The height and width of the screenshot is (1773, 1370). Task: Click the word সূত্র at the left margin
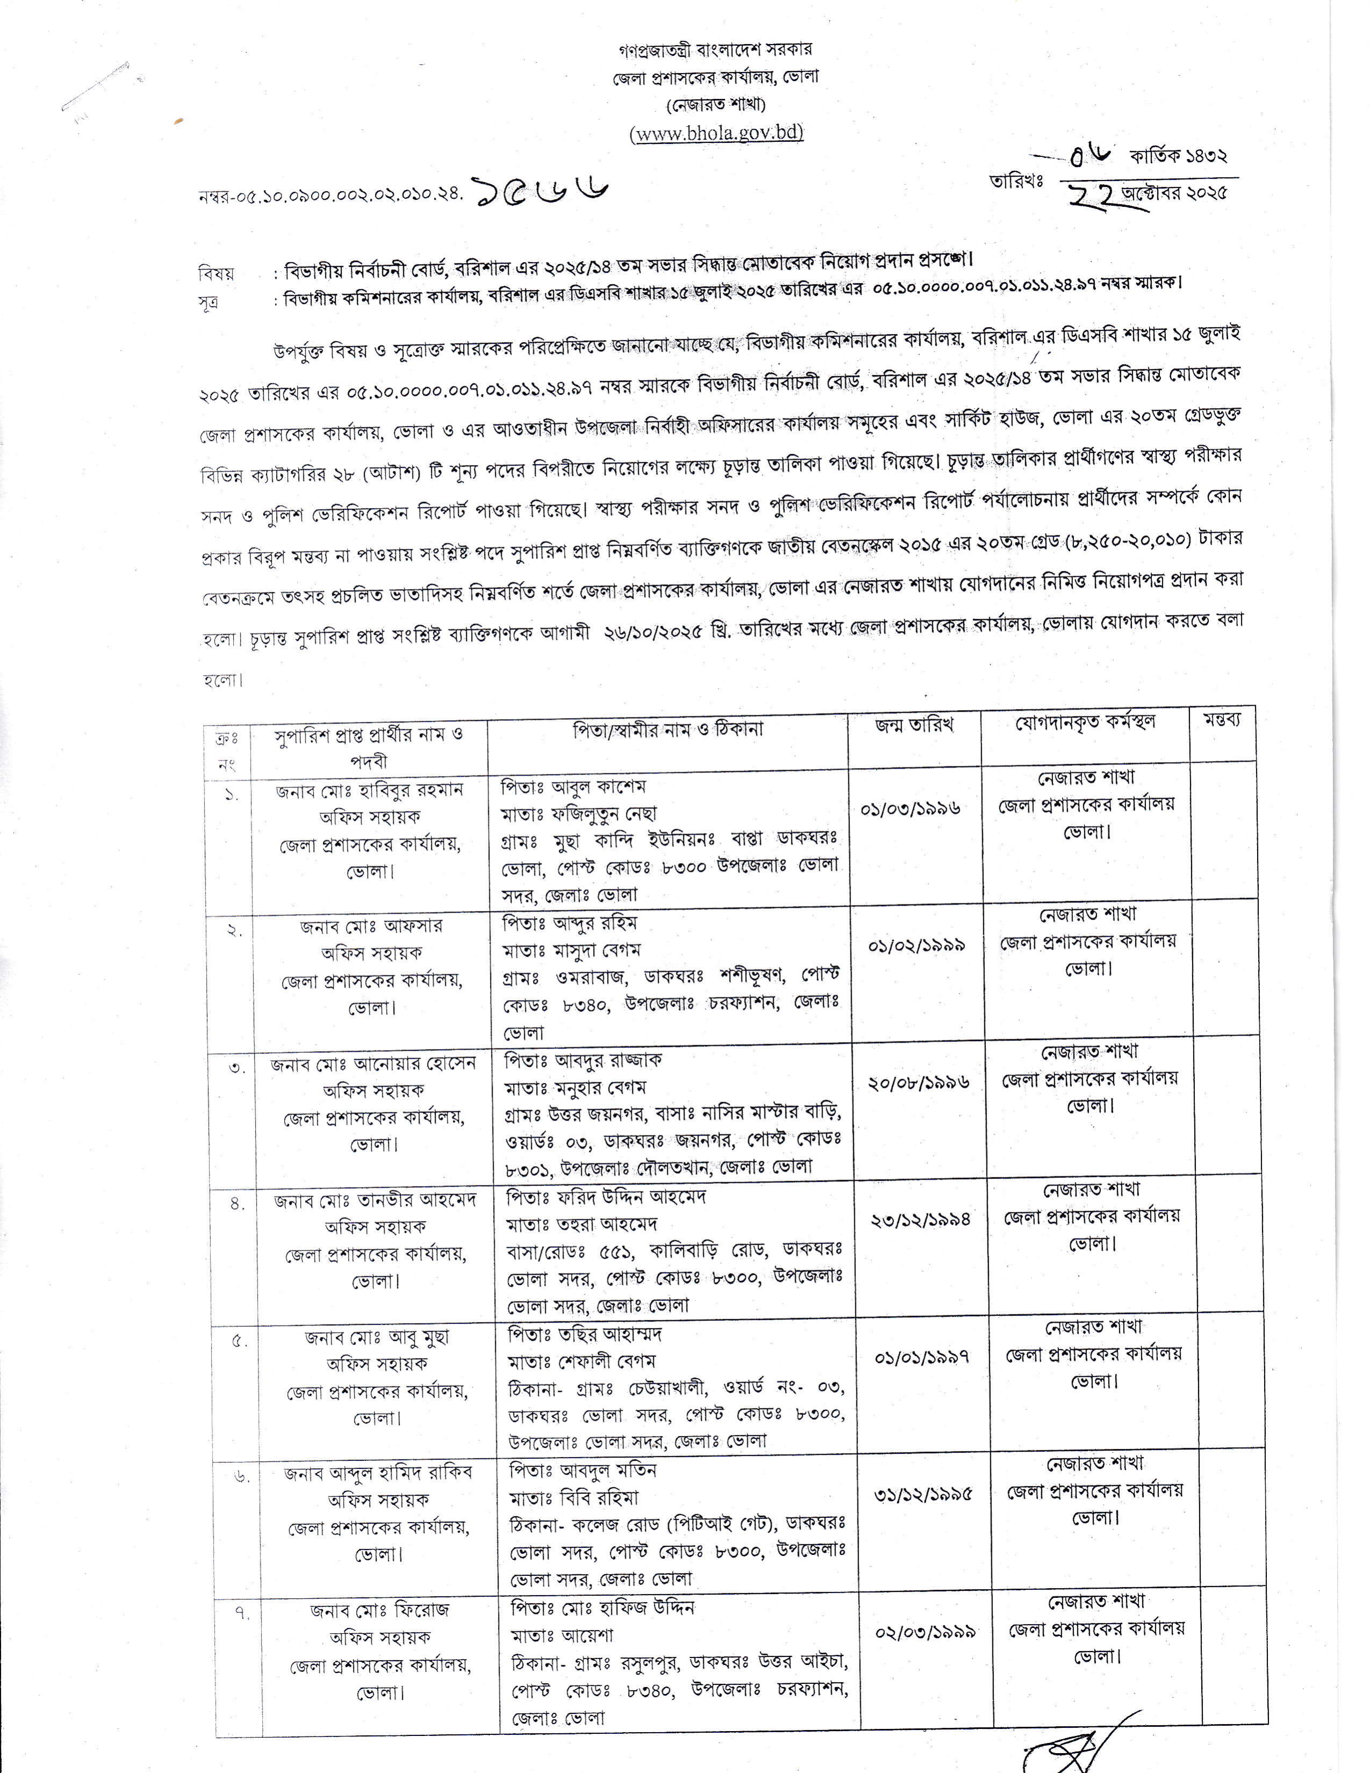[x=208, y=302]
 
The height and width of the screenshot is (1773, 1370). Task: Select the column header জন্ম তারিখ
[x=914, y=725]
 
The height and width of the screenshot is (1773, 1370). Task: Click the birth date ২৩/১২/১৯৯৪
[x=920, y=1219]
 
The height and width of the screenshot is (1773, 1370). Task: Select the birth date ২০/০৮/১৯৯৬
[x=919, y=1083]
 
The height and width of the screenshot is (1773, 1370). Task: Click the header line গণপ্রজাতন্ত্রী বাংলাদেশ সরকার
[x=715, y=49]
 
